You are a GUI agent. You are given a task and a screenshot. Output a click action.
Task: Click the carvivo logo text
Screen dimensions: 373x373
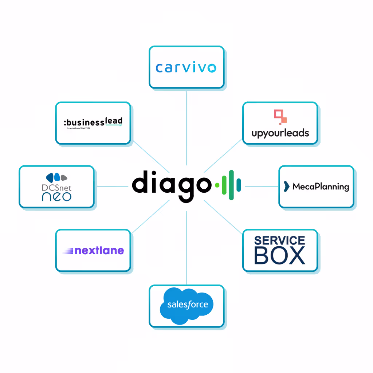click(x=186, y=68)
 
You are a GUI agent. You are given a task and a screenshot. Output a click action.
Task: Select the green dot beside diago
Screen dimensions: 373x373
click(x=217, y=185)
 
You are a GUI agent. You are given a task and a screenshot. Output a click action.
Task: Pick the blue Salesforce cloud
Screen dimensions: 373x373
click(x=186, y=305)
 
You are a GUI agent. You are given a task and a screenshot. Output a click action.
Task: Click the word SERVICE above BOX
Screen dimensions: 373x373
click(x=279, y=240)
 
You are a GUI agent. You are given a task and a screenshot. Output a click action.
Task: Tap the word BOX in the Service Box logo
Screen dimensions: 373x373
click(x=279, y=256)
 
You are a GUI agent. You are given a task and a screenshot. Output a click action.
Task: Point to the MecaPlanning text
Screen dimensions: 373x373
click(x=321, y=187)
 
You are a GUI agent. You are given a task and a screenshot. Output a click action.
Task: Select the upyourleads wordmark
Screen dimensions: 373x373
click(x=280, y=133)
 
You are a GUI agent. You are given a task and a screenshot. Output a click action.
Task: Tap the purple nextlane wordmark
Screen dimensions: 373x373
click(x=99, y=251)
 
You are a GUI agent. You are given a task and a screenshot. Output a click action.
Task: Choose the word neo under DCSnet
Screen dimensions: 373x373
click(x=56, y=197)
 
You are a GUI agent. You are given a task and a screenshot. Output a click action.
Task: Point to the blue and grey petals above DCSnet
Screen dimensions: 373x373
click(x=56, y=177)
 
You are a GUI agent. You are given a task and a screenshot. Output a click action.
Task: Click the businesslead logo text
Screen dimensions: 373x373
click(x=93, y=121)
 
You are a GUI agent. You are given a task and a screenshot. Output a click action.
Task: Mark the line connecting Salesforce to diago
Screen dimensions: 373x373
click(x=186, y=248)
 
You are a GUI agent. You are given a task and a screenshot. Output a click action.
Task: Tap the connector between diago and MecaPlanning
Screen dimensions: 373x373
click(x=262, y=186)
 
